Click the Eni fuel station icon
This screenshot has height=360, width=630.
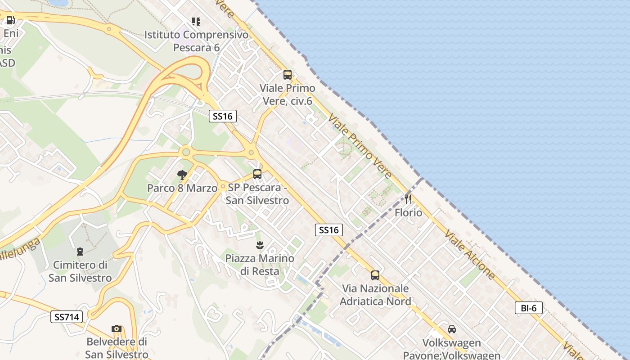[10, 20]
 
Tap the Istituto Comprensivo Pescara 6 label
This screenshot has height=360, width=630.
[196, 40]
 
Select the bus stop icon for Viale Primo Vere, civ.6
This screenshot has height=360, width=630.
[287, 75]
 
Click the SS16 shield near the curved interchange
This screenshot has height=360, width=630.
[223, 116]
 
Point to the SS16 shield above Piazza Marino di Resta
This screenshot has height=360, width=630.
[328, 230]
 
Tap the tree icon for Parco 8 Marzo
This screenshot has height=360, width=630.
[182, 175]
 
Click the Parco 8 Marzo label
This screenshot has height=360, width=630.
[182, 188]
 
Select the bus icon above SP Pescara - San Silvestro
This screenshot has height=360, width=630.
[257, 174]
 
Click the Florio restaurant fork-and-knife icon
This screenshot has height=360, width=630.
[408, 199]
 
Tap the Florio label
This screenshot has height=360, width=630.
[409, 212]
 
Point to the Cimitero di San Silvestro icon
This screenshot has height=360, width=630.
[80, 251]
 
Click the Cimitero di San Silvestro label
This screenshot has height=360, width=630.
[80, 271]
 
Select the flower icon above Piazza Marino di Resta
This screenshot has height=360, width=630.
[259, 245]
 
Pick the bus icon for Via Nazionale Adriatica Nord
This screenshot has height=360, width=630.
[375, 275]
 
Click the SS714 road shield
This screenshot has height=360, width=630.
[67, 317]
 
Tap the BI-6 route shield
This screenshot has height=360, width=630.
[528, 308]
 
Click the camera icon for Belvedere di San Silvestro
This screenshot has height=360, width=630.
[117, 328]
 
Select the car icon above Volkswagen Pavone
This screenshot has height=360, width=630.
[451, 329]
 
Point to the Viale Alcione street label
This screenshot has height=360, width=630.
[470, 255]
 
